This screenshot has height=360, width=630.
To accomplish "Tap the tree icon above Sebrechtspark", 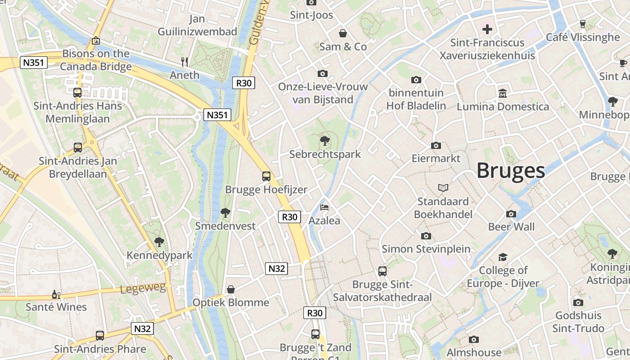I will coord(324,141).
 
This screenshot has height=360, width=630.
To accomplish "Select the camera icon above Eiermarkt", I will coord(436,145).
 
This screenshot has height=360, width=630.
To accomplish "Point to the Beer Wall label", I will coord(511,227).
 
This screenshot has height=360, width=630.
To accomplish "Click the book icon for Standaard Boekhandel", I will coord(443,188).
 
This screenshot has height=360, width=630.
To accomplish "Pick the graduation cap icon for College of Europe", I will coord(503,257).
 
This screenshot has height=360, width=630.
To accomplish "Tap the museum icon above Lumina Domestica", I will coord(503,94).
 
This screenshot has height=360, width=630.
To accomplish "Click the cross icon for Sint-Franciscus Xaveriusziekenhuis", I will coord(487,30).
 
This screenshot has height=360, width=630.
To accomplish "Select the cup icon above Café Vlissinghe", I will coord(583,24).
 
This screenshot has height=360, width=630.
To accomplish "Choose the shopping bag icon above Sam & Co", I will coord(343,33).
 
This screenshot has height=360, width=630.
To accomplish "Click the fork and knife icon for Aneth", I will coord(184,62).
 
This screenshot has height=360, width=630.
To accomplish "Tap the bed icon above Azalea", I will coord(324,207).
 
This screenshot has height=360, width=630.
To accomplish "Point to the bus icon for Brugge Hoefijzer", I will coord(266,176).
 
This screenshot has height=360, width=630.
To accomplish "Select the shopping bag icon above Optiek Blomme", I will coord(231,289).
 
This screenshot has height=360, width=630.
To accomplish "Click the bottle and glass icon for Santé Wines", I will coord(56,294).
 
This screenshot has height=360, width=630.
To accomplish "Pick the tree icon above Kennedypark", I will coord(159,242).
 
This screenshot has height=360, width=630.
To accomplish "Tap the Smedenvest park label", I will coord(225,226).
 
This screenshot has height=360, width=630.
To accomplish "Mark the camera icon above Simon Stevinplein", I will coord(426,235).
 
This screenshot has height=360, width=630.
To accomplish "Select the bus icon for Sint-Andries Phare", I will coord(100,336).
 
